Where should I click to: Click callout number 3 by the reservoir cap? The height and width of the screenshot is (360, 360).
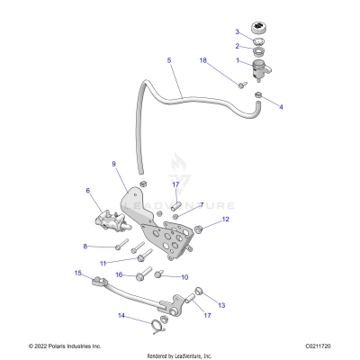[238, 32]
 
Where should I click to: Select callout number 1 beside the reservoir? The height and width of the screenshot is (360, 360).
[238, 61]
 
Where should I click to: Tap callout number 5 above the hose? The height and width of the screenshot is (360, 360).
[168, 60]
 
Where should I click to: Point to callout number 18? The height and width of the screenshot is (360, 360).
[202, 60]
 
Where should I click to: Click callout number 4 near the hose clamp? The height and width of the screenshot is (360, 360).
[280, 107]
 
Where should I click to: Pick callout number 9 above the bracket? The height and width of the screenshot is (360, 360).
[113, 165]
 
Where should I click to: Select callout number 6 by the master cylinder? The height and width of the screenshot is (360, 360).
[87, 191]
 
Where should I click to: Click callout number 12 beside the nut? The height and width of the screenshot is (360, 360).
[226, 219]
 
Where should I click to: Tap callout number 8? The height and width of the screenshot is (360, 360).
[85, 246]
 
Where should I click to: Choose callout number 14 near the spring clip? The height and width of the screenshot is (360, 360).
[121, 316]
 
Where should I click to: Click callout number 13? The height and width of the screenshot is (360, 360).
[222, 306]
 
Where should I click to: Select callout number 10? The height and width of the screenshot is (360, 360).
[184, 277]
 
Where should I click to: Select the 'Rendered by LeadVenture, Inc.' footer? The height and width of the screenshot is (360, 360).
[179, 355]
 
